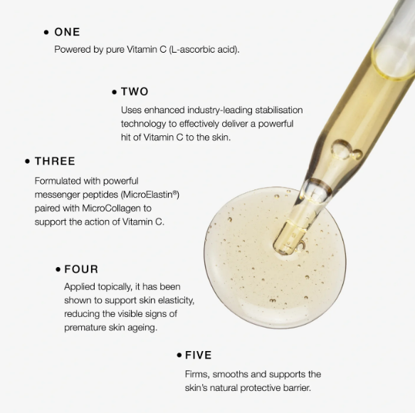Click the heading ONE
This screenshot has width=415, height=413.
(x=67, y=32)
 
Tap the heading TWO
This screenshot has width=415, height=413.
(x=135, y=92)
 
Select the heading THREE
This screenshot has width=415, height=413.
(x=55, y=161)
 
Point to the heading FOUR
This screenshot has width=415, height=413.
(x=81, y=269)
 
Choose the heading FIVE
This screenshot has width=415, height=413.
(x=198, y=355)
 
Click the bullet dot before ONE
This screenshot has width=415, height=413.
(x=46, y=32)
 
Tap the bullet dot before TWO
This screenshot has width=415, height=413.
(x=114, y=92)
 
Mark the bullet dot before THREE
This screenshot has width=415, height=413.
(x=27, y=161)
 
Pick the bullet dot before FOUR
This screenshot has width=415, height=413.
(x=58, y=269)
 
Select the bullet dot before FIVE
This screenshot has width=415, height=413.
(x=179, y=355)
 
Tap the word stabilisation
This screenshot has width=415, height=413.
(x=279, y=110)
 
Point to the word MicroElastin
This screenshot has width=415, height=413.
(x=149, y=194)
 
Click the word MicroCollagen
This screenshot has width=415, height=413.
(x=112, y=208)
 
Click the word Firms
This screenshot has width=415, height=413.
(x=197, y=375)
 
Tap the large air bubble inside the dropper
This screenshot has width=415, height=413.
(x=341, y=150)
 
